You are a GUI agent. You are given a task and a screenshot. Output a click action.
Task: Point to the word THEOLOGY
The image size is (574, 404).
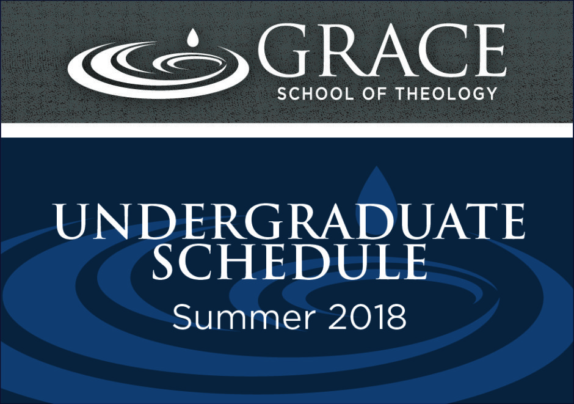coord(447,94)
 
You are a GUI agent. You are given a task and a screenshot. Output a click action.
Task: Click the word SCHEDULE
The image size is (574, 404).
coord(289,262)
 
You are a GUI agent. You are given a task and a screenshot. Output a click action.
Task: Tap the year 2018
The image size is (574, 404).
coord(367,317)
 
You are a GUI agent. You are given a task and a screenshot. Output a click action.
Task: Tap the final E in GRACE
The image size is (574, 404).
coord(487,50)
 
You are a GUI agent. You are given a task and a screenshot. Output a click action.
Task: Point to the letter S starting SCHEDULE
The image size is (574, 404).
coord(165,262)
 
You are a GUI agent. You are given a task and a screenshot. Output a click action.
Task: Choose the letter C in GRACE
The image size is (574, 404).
coord(439,50)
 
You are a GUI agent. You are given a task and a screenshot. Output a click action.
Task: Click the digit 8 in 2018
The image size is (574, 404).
coord(397,317)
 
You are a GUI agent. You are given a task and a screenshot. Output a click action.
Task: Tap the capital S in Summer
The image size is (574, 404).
coord(181,317)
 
